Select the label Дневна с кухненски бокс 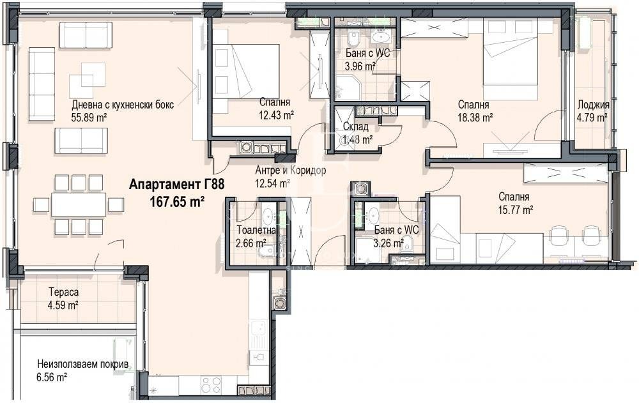pyautogui.click(x=122, y=105)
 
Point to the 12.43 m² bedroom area pyautogui.click(x=276, y=115)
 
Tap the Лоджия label pyautogui.click(x=592, y=105)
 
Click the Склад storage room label pyautogui.click(x=355, y=128)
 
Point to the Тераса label pyautogui.click(x=63, y=293)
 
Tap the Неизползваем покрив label pyautogui.click(x=83, y=365)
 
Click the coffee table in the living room pyautogui.click(x=87, y=78)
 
